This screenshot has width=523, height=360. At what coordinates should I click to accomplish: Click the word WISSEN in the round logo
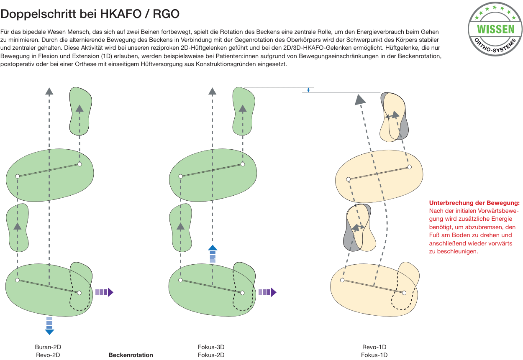click(x=496, y=29)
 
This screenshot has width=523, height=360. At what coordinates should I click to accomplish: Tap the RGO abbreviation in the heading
click(x=166, y=14)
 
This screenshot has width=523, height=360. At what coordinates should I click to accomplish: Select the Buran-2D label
click(x=48, y=347)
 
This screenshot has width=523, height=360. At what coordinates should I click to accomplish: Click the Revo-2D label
click(x=48, y=355)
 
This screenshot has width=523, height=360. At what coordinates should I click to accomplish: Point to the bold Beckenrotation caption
click(x=131, y=355)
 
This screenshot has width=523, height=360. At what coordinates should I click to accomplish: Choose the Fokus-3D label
click(x=211, y=347)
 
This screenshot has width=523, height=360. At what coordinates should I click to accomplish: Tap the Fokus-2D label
click(x=211, y=355)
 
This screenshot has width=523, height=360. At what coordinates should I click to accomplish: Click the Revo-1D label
click(x=374, y=347)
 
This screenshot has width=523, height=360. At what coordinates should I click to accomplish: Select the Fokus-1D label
click(x=374, y=355)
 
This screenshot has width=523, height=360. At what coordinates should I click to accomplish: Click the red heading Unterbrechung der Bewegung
click(x=474, y=203)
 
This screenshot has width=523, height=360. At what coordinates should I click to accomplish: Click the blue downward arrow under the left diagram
click(x=49, y=326)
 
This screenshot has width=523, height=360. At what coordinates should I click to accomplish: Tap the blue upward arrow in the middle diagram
click(x=213, y=254)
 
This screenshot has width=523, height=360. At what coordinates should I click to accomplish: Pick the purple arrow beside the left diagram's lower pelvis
click(x=104, y=292)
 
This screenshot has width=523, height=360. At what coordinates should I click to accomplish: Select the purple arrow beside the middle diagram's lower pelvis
click(x=268, y=292)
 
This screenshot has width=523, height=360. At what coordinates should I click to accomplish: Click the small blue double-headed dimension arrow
click(x=308, y=90)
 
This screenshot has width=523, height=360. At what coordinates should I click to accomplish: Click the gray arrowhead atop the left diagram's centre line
click(x=49, y=91)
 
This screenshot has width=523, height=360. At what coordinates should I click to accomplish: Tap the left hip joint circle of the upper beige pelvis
click(x=349, y=179)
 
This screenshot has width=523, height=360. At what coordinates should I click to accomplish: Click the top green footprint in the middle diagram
click(x=243, y=111)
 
